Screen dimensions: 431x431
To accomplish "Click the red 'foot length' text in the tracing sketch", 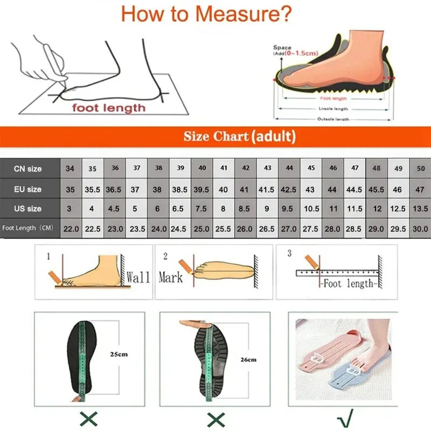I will coord(109,108).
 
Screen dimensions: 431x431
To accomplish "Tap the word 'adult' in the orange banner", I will coord(273,136).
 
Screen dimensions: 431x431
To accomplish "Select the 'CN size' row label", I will coord(27,169).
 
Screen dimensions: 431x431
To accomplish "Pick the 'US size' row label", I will coord(27,208).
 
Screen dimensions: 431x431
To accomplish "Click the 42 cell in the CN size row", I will coord(246,168).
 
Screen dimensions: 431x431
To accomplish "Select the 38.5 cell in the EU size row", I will coord(180,190).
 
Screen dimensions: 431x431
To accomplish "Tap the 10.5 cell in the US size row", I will coord(311,209).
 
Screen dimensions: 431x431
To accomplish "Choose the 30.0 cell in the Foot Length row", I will coord(420,228).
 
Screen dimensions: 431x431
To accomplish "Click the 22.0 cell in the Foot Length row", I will coord(71,228).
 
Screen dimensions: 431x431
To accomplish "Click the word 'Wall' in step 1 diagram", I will coord(138,277).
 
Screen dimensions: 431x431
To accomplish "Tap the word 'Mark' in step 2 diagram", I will coord(170,277).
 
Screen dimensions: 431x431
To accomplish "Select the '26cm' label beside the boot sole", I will coord(248,359).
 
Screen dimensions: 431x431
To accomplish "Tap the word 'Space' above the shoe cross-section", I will coord(282,48).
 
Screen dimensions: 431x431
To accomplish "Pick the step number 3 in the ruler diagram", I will coord(289,253).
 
